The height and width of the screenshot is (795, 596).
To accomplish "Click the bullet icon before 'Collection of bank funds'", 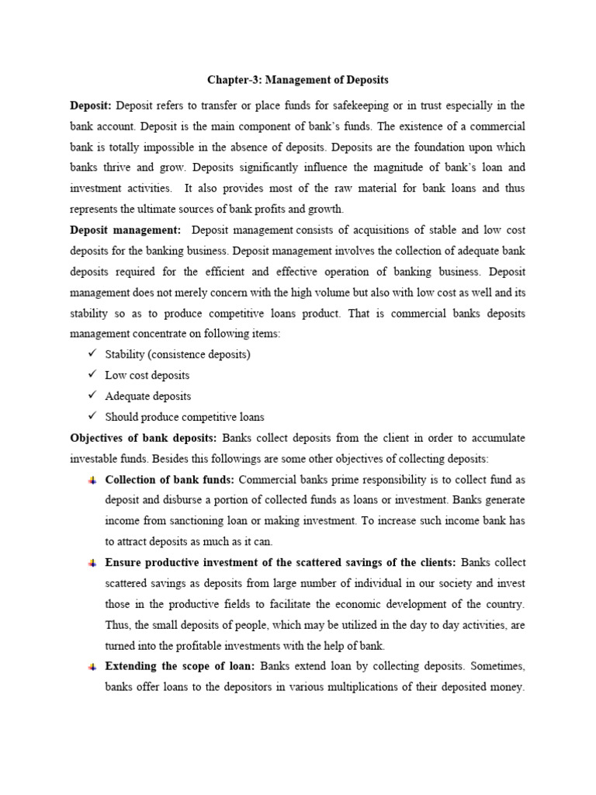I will (x=92, y=480).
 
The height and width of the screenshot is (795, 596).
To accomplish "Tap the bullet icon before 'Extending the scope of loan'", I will (x=92, y=667).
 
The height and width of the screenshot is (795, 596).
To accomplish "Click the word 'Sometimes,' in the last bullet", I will (x=497, y=667).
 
